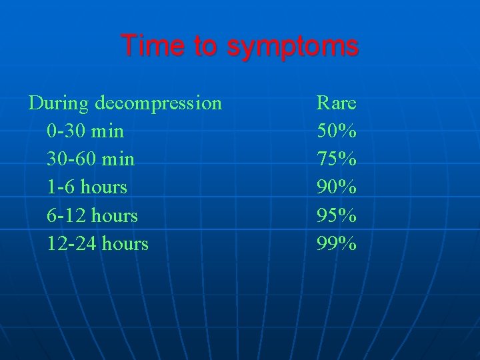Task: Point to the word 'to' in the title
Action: coord(203,46)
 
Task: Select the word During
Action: coord(59,103)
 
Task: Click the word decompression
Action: coord(158,103)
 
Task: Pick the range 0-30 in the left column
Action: coord(66,131)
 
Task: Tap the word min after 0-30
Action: coord(107,131)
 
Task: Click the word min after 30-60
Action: coord(118,159)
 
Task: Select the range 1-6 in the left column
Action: coord(61,187)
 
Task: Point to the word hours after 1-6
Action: coord(103,187)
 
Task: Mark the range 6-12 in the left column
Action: coord(66,215)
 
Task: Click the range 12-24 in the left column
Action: coord(71,243)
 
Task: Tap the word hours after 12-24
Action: coord(125,243)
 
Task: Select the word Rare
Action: coord(336,103)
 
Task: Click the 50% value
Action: coord(336,131)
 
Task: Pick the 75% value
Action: coord(336,159)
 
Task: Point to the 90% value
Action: coord(336,187)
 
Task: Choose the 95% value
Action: coord(336,215)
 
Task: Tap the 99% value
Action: coord(336,243)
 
